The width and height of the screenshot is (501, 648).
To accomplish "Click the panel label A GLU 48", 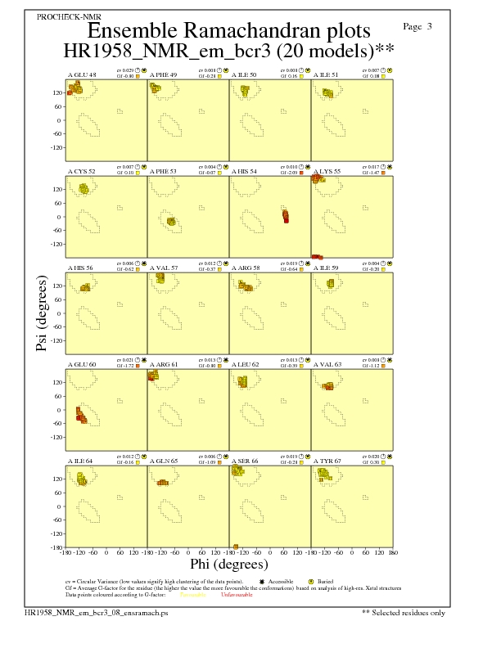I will pos(81,75).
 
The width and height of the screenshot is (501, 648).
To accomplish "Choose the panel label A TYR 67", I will pos(327,461).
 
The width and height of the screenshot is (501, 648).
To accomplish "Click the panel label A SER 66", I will pos(244,461).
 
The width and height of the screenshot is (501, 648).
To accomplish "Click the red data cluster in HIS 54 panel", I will pos(285,216).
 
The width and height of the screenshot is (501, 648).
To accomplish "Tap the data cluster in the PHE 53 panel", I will pos(171,222).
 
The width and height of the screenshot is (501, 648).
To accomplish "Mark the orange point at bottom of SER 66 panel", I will pos(236,546).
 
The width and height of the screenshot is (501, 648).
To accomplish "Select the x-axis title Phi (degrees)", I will pos(228,564).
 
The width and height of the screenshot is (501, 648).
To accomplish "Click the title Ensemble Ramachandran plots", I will pos(228,30).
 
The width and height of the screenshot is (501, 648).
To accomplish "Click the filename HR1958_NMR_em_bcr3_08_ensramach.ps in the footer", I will pos(96,612).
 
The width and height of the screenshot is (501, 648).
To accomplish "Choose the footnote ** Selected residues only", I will pos(404,612).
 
